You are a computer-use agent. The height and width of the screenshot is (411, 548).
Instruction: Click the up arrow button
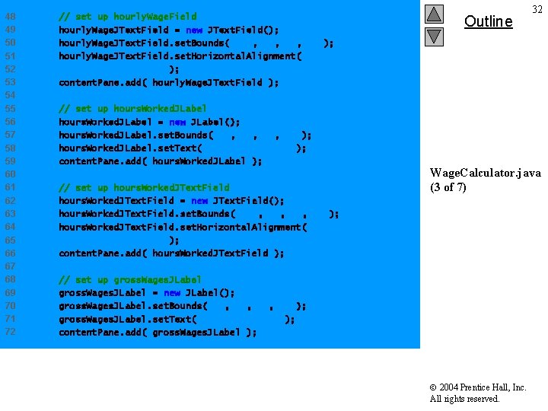coord(433,14)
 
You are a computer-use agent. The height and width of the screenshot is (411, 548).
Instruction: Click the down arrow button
coord(433,36)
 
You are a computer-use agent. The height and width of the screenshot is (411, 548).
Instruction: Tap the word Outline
coord(488,21)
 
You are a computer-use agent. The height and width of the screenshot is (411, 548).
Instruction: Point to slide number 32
coord(537,9)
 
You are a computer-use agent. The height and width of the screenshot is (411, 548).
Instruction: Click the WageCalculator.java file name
coord(485,174)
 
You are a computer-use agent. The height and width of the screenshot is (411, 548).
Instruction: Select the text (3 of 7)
coord(448,187)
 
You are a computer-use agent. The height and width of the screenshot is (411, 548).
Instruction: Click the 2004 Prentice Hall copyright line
coord(478,387)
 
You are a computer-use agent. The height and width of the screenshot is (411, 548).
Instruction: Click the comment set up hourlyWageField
coord(127,16)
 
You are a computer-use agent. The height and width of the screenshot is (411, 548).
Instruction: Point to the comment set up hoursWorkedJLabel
coord(132,109)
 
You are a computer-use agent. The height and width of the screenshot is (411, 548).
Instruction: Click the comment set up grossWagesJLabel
coord(129,279)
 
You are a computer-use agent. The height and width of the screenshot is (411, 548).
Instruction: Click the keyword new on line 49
coord(193,30)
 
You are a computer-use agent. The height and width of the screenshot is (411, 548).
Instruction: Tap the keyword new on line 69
coord(172,293)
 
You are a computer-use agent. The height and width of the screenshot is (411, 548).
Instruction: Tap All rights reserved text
coord(464,399)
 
